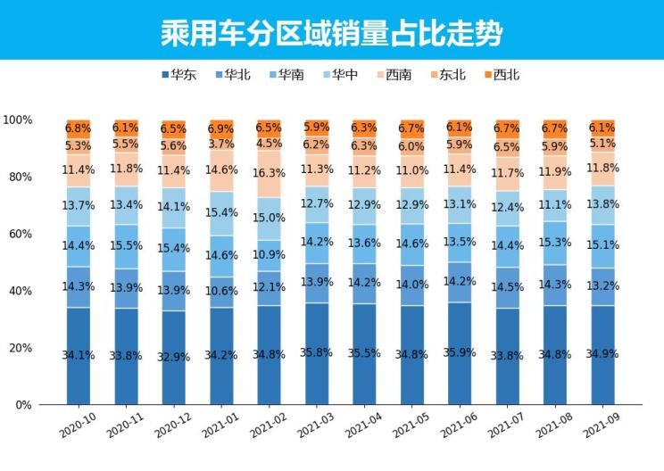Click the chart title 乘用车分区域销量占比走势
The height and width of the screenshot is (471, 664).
pos(331,33)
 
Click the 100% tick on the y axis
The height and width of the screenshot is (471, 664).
pos(18,120)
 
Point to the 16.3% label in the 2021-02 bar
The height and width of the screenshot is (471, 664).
pos(269,174)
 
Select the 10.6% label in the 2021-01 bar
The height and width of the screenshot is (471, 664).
pos(221,290)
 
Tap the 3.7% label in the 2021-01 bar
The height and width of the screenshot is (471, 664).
pos(221,144)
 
